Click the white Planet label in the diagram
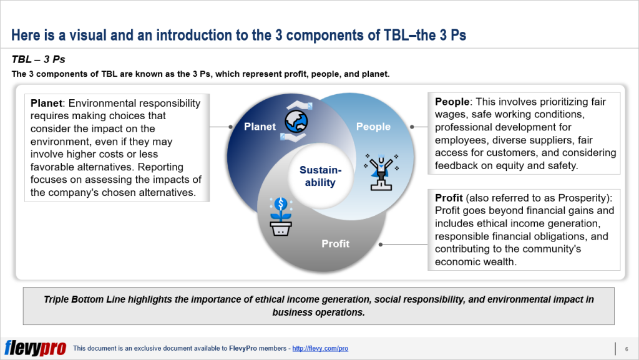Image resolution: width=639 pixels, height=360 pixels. (x=260, y=127)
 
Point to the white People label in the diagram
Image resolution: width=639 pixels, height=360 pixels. (x=373, y=127)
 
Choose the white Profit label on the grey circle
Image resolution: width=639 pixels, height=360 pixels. (x=335, y=243)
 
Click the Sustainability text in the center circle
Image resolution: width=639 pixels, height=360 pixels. (x=320, y=176)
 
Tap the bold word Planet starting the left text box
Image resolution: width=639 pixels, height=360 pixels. (x=46, y=103)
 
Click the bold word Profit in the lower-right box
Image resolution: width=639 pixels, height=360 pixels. (x=449, y=198)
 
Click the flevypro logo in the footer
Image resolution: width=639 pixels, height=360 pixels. (x=35, y=348)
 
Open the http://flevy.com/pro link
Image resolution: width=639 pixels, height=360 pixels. (x=319, y=348)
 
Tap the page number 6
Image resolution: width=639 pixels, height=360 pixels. (x=626, y=348)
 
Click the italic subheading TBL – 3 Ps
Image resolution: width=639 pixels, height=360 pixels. (x=39, y=60)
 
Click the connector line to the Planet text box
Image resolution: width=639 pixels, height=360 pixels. (x=221, y=127)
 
